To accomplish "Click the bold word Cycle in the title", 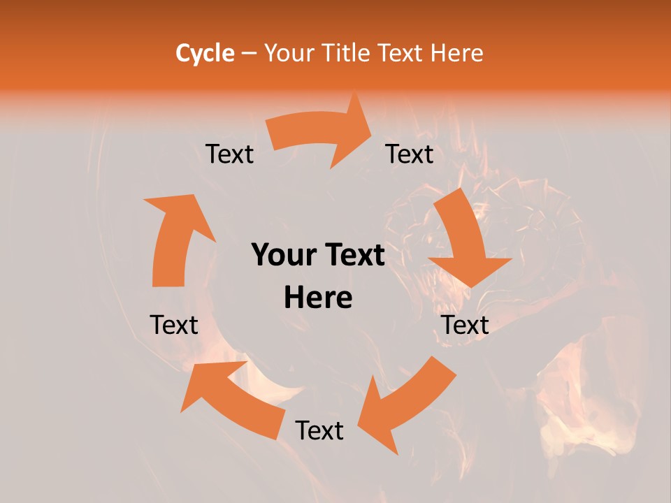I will tap(205, 53).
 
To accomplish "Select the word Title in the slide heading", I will tap(347, 53).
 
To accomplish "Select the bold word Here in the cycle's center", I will tap(318, 298).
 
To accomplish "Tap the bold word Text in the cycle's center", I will tap(353, 256).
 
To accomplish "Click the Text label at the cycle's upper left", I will tap(229, 154).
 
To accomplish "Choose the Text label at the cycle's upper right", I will tap(410, 154).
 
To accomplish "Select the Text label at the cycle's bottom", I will tap(319, 431).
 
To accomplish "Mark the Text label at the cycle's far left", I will tap(174, 325).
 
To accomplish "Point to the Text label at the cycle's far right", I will tap(465, 325).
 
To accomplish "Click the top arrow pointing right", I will tap(322, 133).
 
